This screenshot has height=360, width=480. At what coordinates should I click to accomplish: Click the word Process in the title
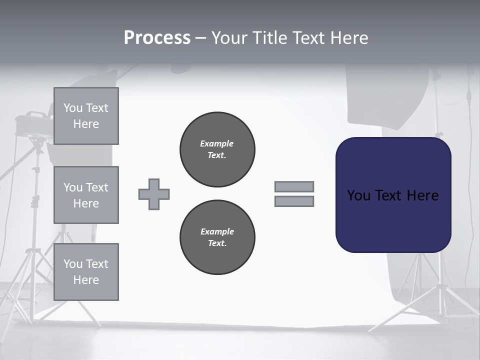click(x=157, y=38)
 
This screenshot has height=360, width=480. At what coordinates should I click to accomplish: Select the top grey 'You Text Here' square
click(x=86, y=116)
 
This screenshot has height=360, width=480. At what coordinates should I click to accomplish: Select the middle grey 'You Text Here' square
click(x=86, y=195)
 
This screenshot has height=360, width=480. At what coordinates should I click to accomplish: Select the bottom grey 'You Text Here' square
click(x=86, y=272)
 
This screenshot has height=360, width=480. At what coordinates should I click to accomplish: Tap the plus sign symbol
click(x=154, y=194)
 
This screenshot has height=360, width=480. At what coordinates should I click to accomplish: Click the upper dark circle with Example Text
click(x=217, y=149)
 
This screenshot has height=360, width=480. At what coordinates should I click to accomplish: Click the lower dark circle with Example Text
click(x=217, y=237)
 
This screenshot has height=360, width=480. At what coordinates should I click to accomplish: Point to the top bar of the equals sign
click(x=294, y=187)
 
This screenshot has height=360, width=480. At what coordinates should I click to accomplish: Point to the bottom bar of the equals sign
click(x=294, y=201)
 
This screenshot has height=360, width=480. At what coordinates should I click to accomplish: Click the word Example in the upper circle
click(x=217, y=143)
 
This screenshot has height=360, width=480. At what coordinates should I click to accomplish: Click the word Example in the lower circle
click(x=217, y=231)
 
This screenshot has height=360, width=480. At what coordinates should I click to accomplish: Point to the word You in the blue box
click(x=358, y=195)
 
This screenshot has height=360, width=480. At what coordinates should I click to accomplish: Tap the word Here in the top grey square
click(x=86, y=124)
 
